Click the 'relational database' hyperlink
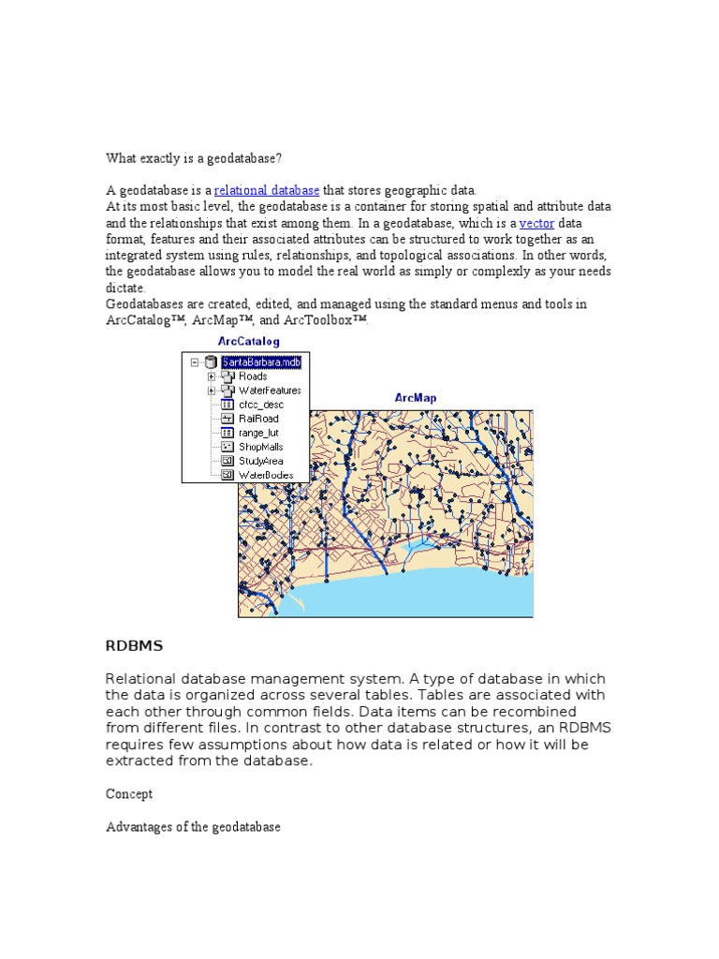tap(267, 191)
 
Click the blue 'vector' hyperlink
tap(536, 224)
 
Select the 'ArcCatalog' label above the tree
tap(248, 342)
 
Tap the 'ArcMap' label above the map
tap(415, 398)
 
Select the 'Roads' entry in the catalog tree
tap(253, 376)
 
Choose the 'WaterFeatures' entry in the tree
tap(270, 391)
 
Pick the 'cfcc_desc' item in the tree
tap(261, 405)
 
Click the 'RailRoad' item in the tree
tap(258, 419)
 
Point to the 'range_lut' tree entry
tap(258, 433)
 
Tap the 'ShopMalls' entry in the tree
tap(260, 447)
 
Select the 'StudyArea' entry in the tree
tap(260, 461)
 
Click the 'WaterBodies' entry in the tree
tap(266, 475)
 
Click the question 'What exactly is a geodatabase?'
tap(193, 158)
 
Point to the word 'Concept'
tap(129, 794)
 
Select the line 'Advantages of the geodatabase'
tap(193, 828)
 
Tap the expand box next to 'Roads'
tap(212, 376)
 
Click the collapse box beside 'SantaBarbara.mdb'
tap(194, 362)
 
